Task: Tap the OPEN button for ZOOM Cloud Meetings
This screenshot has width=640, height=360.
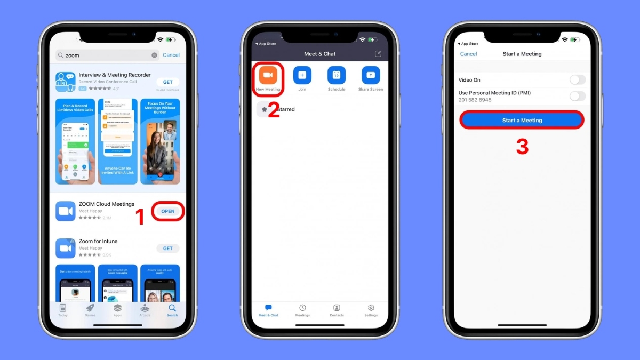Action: click(x=168, y=211)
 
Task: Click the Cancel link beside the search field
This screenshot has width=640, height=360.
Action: click(x=171, y=55)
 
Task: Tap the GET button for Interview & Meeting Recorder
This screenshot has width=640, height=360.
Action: click(x=168, y=82)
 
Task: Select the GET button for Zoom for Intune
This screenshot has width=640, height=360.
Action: click(x=168, y=249)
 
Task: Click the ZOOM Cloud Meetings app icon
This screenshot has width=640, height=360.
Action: click(x=66, y=211)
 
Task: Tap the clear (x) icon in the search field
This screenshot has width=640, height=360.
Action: click(x=155, y=55)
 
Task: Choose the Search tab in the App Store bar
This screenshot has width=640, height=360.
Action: click(x=172, y=310)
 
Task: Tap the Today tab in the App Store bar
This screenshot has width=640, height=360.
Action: click(x=63, y=310)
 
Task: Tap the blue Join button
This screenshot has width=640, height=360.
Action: click(x=302, y=75)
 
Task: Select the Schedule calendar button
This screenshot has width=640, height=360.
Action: click(x=337, y=75)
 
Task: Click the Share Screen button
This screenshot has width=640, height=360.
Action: click(x=371, y=75)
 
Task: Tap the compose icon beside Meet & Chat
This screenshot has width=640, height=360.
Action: click(x=378, y=54)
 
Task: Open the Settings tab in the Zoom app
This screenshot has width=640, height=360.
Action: click(x=371, y=310)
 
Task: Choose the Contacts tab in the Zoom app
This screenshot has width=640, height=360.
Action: click(x=337, y=310)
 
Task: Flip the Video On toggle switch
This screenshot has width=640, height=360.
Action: click(x=577, y=80)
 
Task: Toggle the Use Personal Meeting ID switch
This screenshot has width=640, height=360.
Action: click(x=577, y=96)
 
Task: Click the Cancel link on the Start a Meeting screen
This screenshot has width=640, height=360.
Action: click(x=468, y=54)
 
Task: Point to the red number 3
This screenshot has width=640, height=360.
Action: click(x=522, y=147)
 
